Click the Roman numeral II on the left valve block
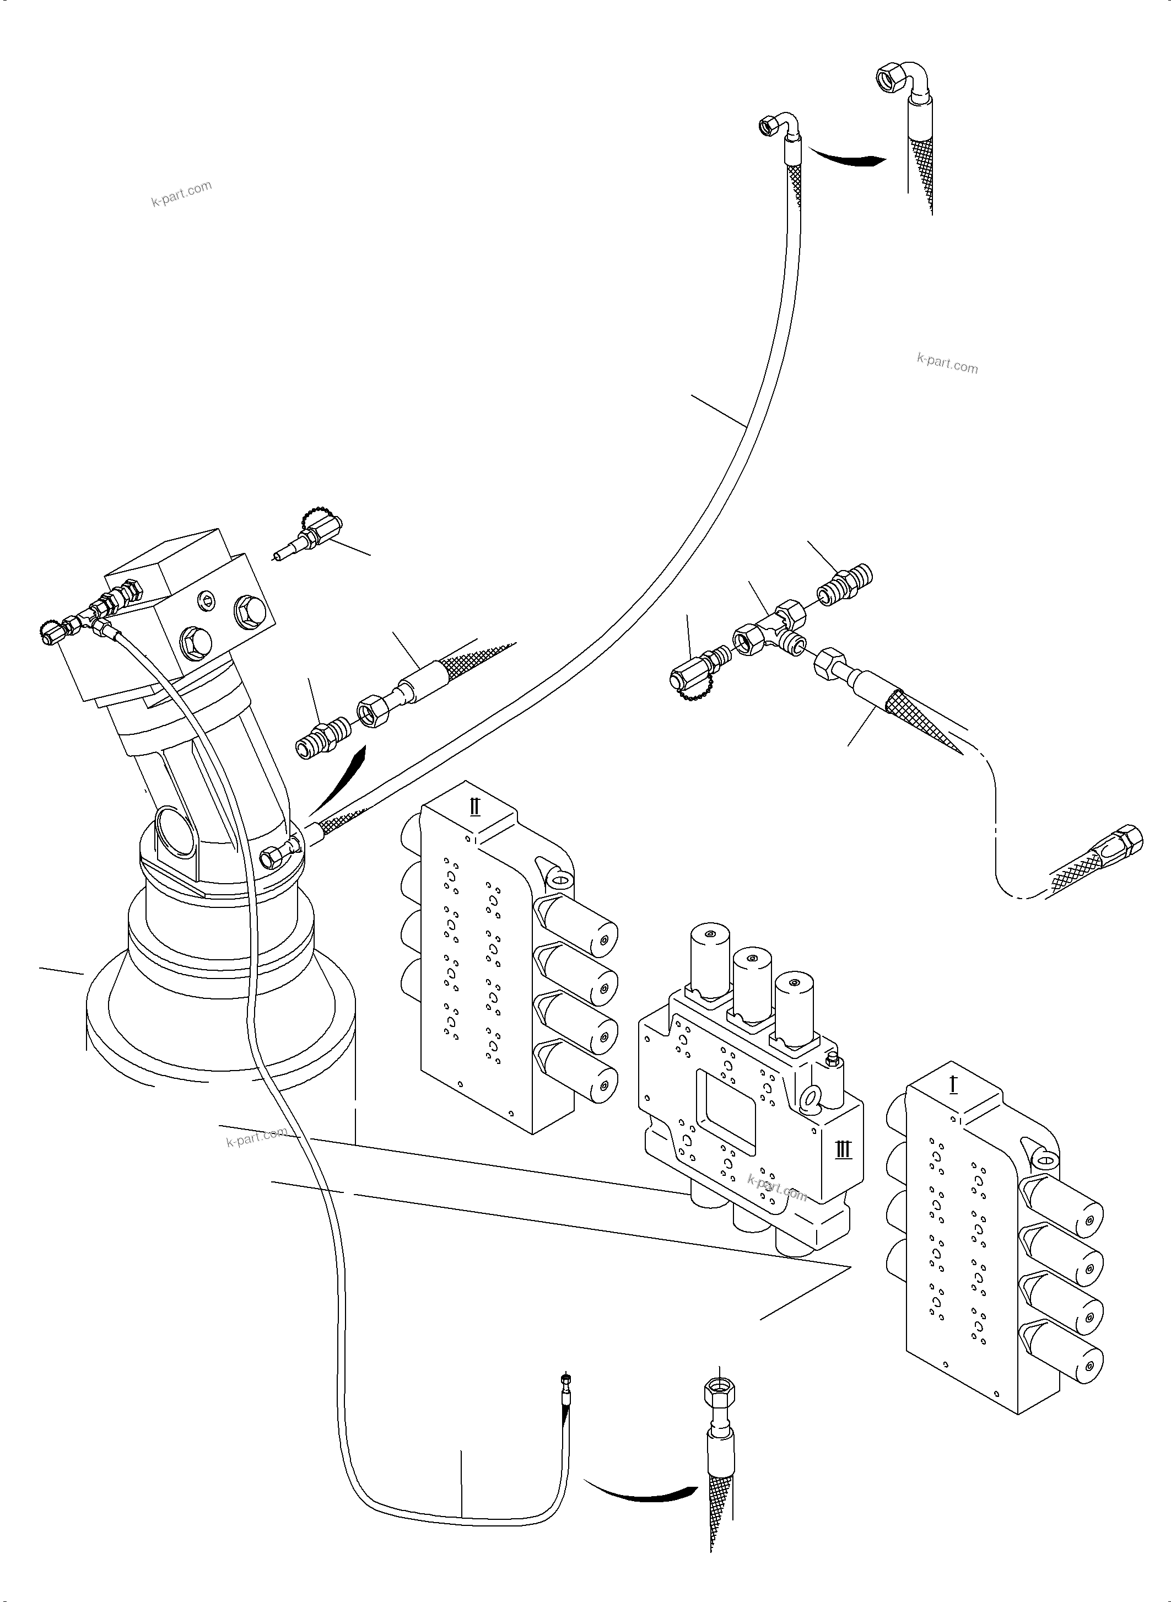click(475, 807)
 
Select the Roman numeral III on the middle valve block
click(844, 1149)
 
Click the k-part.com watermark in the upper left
click(181, 193)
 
